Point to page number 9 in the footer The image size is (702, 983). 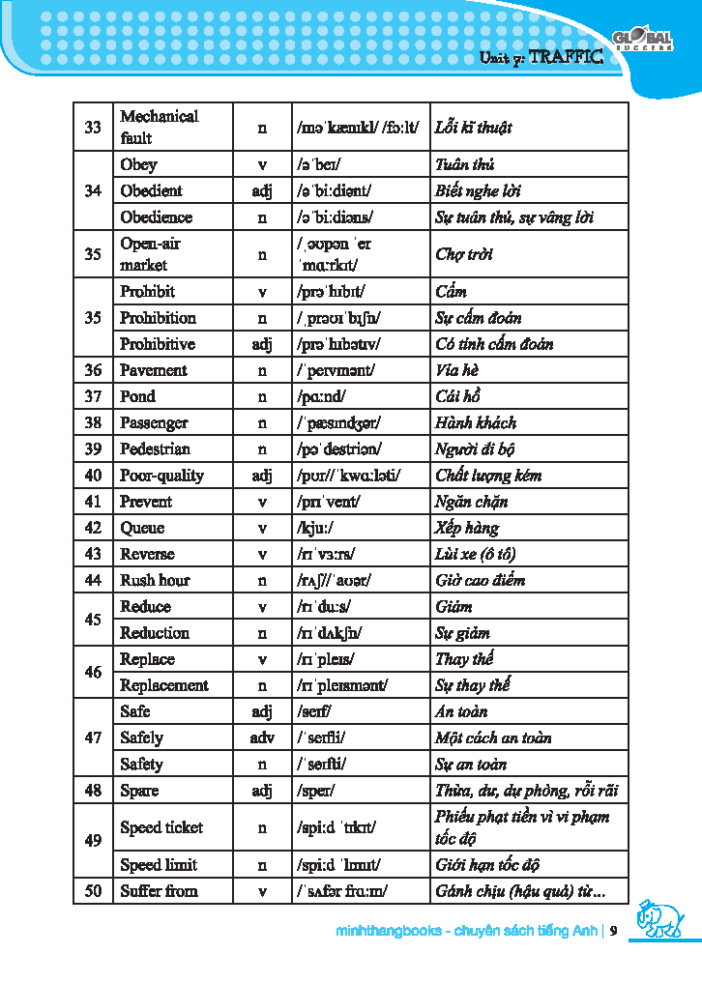tap(613, 932)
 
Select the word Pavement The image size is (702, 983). tap(154, 370)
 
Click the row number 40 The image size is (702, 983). tap(93, 476)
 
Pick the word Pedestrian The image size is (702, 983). tap(155, 449)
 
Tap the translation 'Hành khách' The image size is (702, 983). tap(476, 423)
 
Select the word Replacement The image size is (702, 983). tap(164, 686)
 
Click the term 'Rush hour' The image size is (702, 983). tap(155, 581)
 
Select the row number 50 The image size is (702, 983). tap(93, 891)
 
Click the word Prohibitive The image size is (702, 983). tap(158, 344)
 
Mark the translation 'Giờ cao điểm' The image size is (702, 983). tap(481, 581)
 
